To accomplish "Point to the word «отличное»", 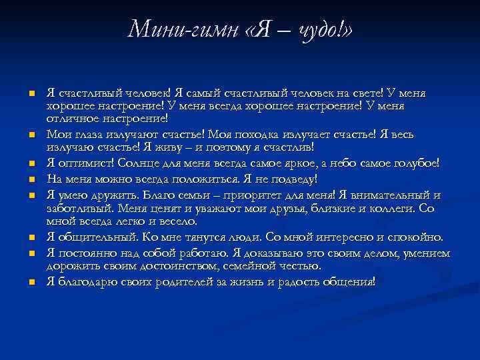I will pyautogui.click(x=71, y=119).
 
